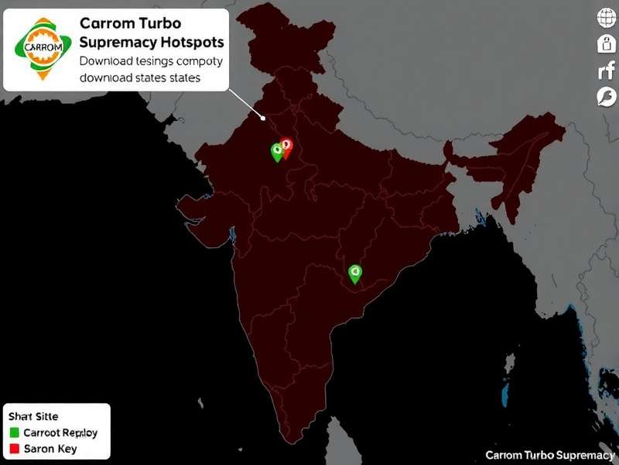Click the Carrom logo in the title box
(39, 46)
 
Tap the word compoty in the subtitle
(197, 60)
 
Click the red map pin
(286, 146)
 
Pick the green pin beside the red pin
(276, 151)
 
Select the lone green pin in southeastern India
(355, 272)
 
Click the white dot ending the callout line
(264, 119)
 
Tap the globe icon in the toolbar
(605, 18)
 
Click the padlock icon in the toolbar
(605, 44)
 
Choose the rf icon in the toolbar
(606, 72)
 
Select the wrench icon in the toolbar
(605, 97)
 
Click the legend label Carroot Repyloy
(60, 432)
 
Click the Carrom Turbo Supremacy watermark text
(549, 455)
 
